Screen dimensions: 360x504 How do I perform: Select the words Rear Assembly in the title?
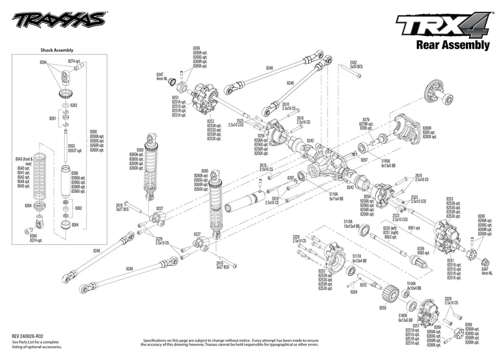click(x=452, y=45)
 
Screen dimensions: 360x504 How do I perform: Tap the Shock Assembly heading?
click(x=57, y=50)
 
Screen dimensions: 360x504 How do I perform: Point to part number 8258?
click(x=382, y=308)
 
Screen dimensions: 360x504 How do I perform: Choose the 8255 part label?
click(x=364, y=284)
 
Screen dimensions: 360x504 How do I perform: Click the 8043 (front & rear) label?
click(x=24, y=161)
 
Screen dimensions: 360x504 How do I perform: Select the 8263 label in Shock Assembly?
click(x=71, y=146)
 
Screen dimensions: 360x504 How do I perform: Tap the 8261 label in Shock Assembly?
click(x=52, y=118)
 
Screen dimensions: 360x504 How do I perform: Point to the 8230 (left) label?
click(x=389, y=228)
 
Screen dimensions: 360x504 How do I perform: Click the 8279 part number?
click(x=366, y=119)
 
